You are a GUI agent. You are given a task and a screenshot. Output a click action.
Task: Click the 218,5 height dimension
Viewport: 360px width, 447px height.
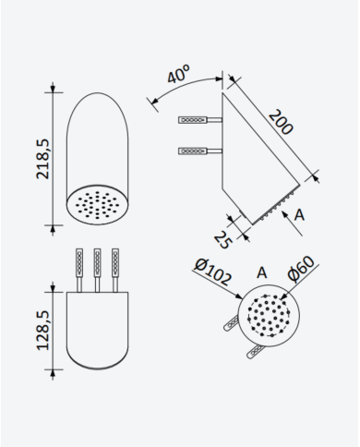42,159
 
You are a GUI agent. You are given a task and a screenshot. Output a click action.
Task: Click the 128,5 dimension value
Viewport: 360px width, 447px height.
42,331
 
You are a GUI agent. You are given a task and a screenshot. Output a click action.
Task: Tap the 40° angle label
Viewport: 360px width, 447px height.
178,74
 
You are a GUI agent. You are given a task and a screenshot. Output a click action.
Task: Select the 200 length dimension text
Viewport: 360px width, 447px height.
281,122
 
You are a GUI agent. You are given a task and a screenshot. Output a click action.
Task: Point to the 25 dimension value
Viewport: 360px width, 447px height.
222,240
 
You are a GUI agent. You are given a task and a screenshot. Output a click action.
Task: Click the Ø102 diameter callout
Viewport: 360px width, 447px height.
212,272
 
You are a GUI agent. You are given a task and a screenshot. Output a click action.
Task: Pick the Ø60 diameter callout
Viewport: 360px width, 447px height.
301,269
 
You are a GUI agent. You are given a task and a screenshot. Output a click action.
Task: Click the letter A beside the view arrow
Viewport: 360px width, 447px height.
299,215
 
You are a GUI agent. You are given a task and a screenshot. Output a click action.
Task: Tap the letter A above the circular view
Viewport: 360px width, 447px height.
262,272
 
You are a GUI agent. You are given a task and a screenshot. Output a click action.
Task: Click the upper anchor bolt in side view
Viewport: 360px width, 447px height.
200,120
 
